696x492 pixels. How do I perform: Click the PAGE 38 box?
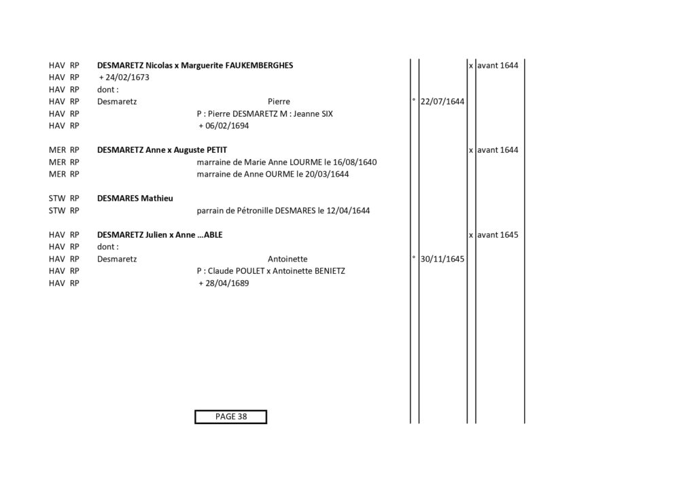point(231,417)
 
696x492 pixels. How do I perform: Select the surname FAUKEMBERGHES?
point(259,65)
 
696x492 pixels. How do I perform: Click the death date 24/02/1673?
point(127,77)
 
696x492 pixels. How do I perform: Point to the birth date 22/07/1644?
point(442,102)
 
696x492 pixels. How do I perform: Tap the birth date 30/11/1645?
point(442,259)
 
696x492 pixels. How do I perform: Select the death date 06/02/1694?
point(227,126)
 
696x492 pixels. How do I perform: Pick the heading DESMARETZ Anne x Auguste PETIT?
point(162,150)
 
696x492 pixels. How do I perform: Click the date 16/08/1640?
point(355,162)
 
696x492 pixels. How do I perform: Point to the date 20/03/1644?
point(327,174)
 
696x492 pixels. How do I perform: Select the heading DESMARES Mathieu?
point(135,198)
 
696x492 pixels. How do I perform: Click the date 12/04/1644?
point(348,210)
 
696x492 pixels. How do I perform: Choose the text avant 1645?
point(498,234)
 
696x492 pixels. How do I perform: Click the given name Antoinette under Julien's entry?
point(288,259)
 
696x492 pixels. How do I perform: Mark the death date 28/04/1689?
point(227,283)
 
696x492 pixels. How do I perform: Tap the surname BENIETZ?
point(330,271)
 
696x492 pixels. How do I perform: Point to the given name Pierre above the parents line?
point(279,102)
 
